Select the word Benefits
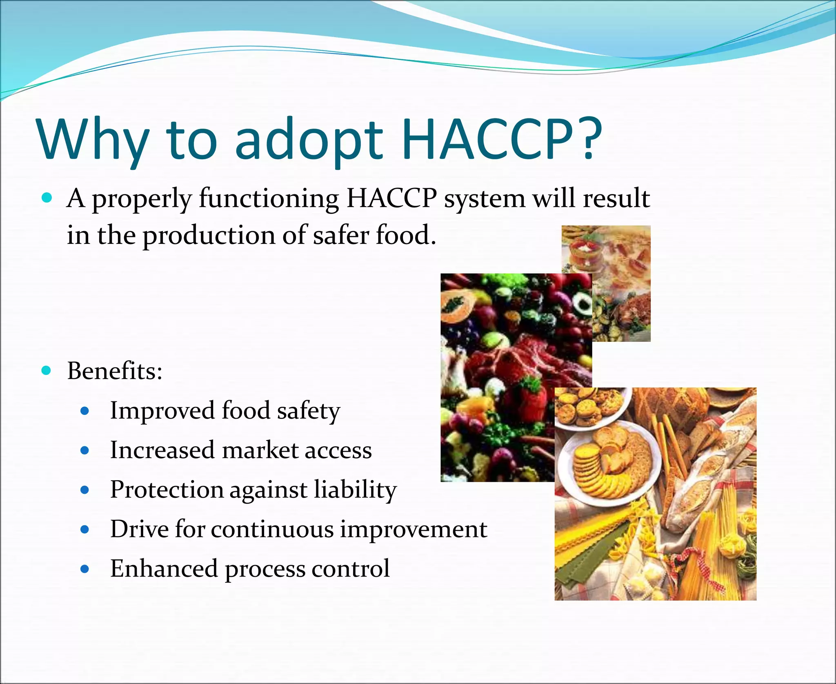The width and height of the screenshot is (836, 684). (x=114, y=371)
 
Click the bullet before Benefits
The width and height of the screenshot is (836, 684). (x=47, y=371)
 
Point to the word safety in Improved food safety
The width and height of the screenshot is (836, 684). (x=308, y=411)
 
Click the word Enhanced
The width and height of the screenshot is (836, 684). (x=164, y=568)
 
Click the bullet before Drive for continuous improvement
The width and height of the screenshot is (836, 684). (x=84, y=530)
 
